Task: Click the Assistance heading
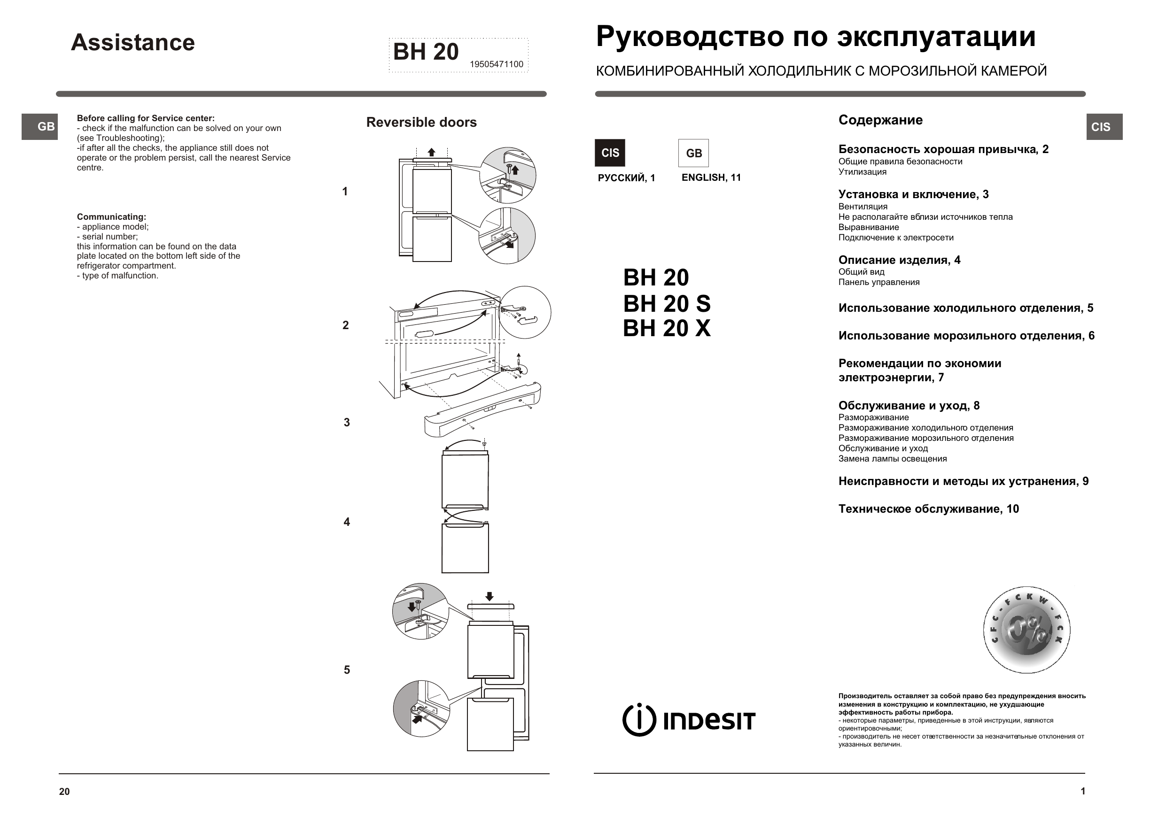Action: coord(132,43)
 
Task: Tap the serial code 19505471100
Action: coord(496,64)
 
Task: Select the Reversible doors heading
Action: coord(421,123)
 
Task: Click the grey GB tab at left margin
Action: coord(39,127)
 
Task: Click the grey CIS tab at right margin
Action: coord(1104,127)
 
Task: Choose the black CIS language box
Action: coord(609,153)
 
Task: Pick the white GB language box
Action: coord(693,153)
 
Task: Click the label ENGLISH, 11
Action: coord(710,177)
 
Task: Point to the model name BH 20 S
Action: coord(666,304)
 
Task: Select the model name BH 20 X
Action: coord(666,329)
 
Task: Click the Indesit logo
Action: coord(689,720)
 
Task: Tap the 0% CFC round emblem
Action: coord(1026,630)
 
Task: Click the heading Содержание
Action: coord(880,120)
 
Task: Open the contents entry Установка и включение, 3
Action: coord(913,194)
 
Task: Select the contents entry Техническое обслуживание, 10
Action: coord(928,509)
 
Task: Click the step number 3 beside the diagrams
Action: coord(347,423)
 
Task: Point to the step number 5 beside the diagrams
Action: coord(347,670)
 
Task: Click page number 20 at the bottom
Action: coord(64,792)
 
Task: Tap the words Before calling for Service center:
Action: coord(146,118)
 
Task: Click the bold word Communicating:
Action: coord(111,217)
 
